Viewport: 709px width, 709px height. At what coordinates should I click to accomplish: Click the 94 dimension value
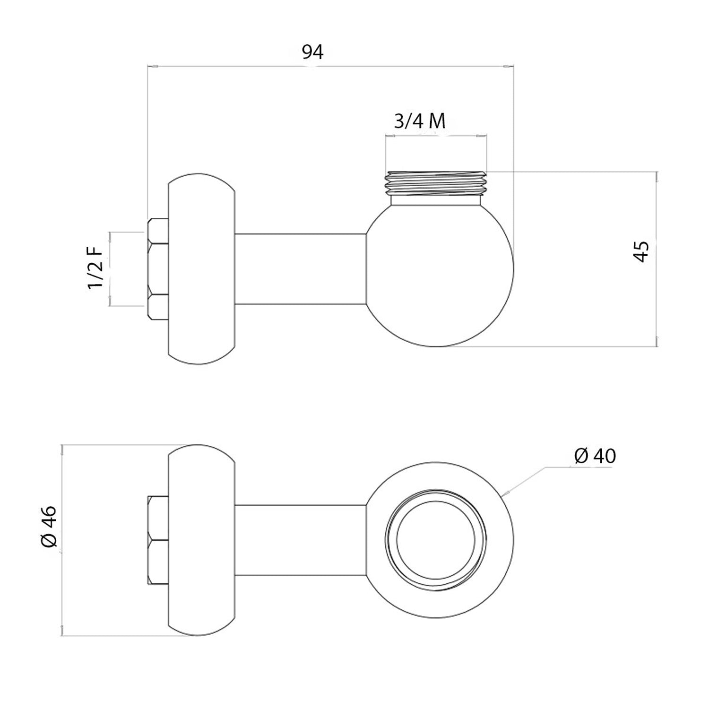[313, 52]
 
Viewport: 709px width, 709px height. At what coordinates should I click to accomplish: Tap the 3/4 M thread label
[420, 121]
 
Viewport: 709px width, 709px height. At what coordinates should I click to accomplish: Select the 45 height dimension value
[641, 251]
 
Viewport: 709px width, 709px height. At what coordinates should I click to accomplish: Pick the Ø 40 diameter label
[595, 456]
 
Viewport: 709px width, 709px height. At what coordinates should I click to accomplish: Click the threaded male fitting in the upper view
[436, 182]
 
